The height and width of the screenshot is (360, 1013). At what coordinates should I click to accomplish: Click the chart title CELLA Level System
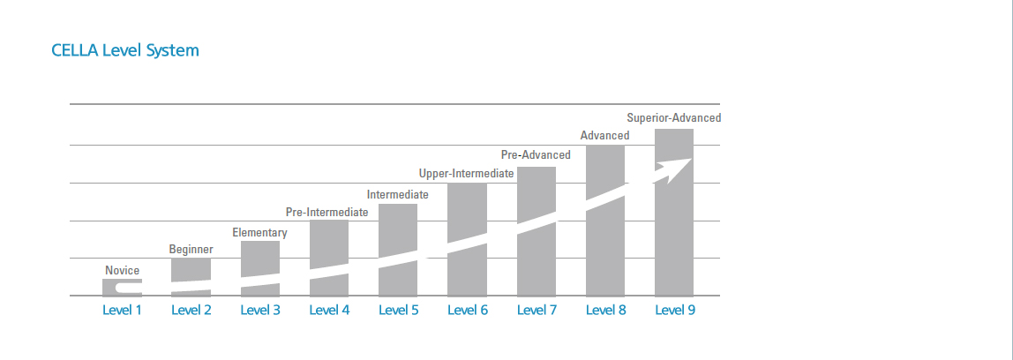click(125, 50)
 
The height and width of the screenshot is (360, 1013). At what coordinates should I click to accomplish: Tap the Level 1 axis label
click(122, 310)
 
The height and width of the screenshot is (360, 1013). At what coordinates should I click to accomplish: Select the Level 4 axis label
click(329, 310)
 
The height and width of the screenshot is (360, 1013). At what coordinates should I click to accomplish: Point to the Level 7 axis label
click(537, 310)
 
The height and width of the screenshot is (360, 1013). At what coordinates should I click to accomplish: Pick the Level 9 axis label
click(674, 310)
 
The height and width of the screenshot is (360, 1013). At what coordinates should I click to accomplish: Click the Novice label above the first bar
click(122, 270)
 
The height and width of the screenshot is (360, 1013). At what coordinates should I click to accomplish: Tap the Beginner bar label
click(191, 250)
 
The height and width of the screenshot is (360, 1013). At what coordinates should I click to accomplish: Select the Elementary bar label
click(259, 233)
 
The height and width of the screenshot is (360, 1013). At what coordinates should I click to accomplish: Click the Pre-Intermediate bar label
click(327, 213)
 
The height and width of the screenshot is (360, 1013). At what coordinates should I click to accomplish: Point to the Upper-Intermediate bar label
click(466, 174)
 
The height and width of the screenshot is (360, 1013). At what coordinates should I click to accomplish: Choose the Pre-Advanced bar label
click(536, 154)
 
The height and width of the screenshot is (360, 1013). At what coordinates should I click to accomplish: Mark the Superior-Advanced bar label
click(673, 117)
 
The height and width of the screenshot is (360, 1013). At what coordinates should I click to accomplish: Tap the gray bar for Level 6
click(467, 212)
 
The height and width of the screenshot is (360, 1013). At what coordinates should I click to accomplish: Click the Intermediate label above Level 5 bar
click(397, 194)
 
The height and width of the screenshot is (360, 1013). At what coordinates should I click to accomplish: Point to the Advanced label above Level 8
click(604, 135)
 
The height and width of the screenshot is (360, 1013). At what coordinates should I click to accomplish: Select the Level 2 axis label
click(191, 310)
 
